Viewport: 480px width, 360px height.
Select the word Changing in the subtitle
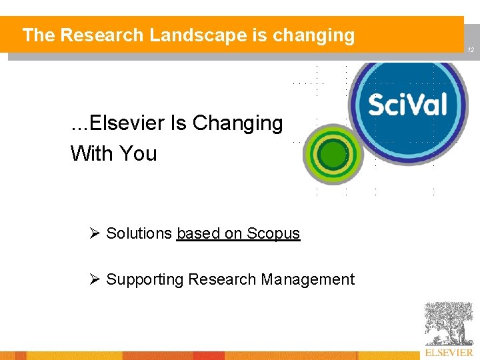pos(237,123)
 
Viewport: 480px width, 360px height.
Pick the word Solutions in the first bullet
pos(139,233)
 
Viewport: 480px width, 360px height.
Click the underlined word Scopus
pos(273,233)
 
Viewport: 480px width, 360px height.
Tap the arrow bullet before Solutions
pos(95,233)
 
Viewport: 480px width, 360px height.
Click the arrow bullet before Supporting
pos(95,279)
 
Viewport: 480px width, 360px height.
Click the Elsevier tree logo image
pos(449,323)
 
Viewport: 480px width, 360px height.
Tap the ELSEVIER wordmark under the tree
pos(449,352)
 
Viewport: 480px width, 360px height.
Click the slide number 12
pos(470,50)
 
